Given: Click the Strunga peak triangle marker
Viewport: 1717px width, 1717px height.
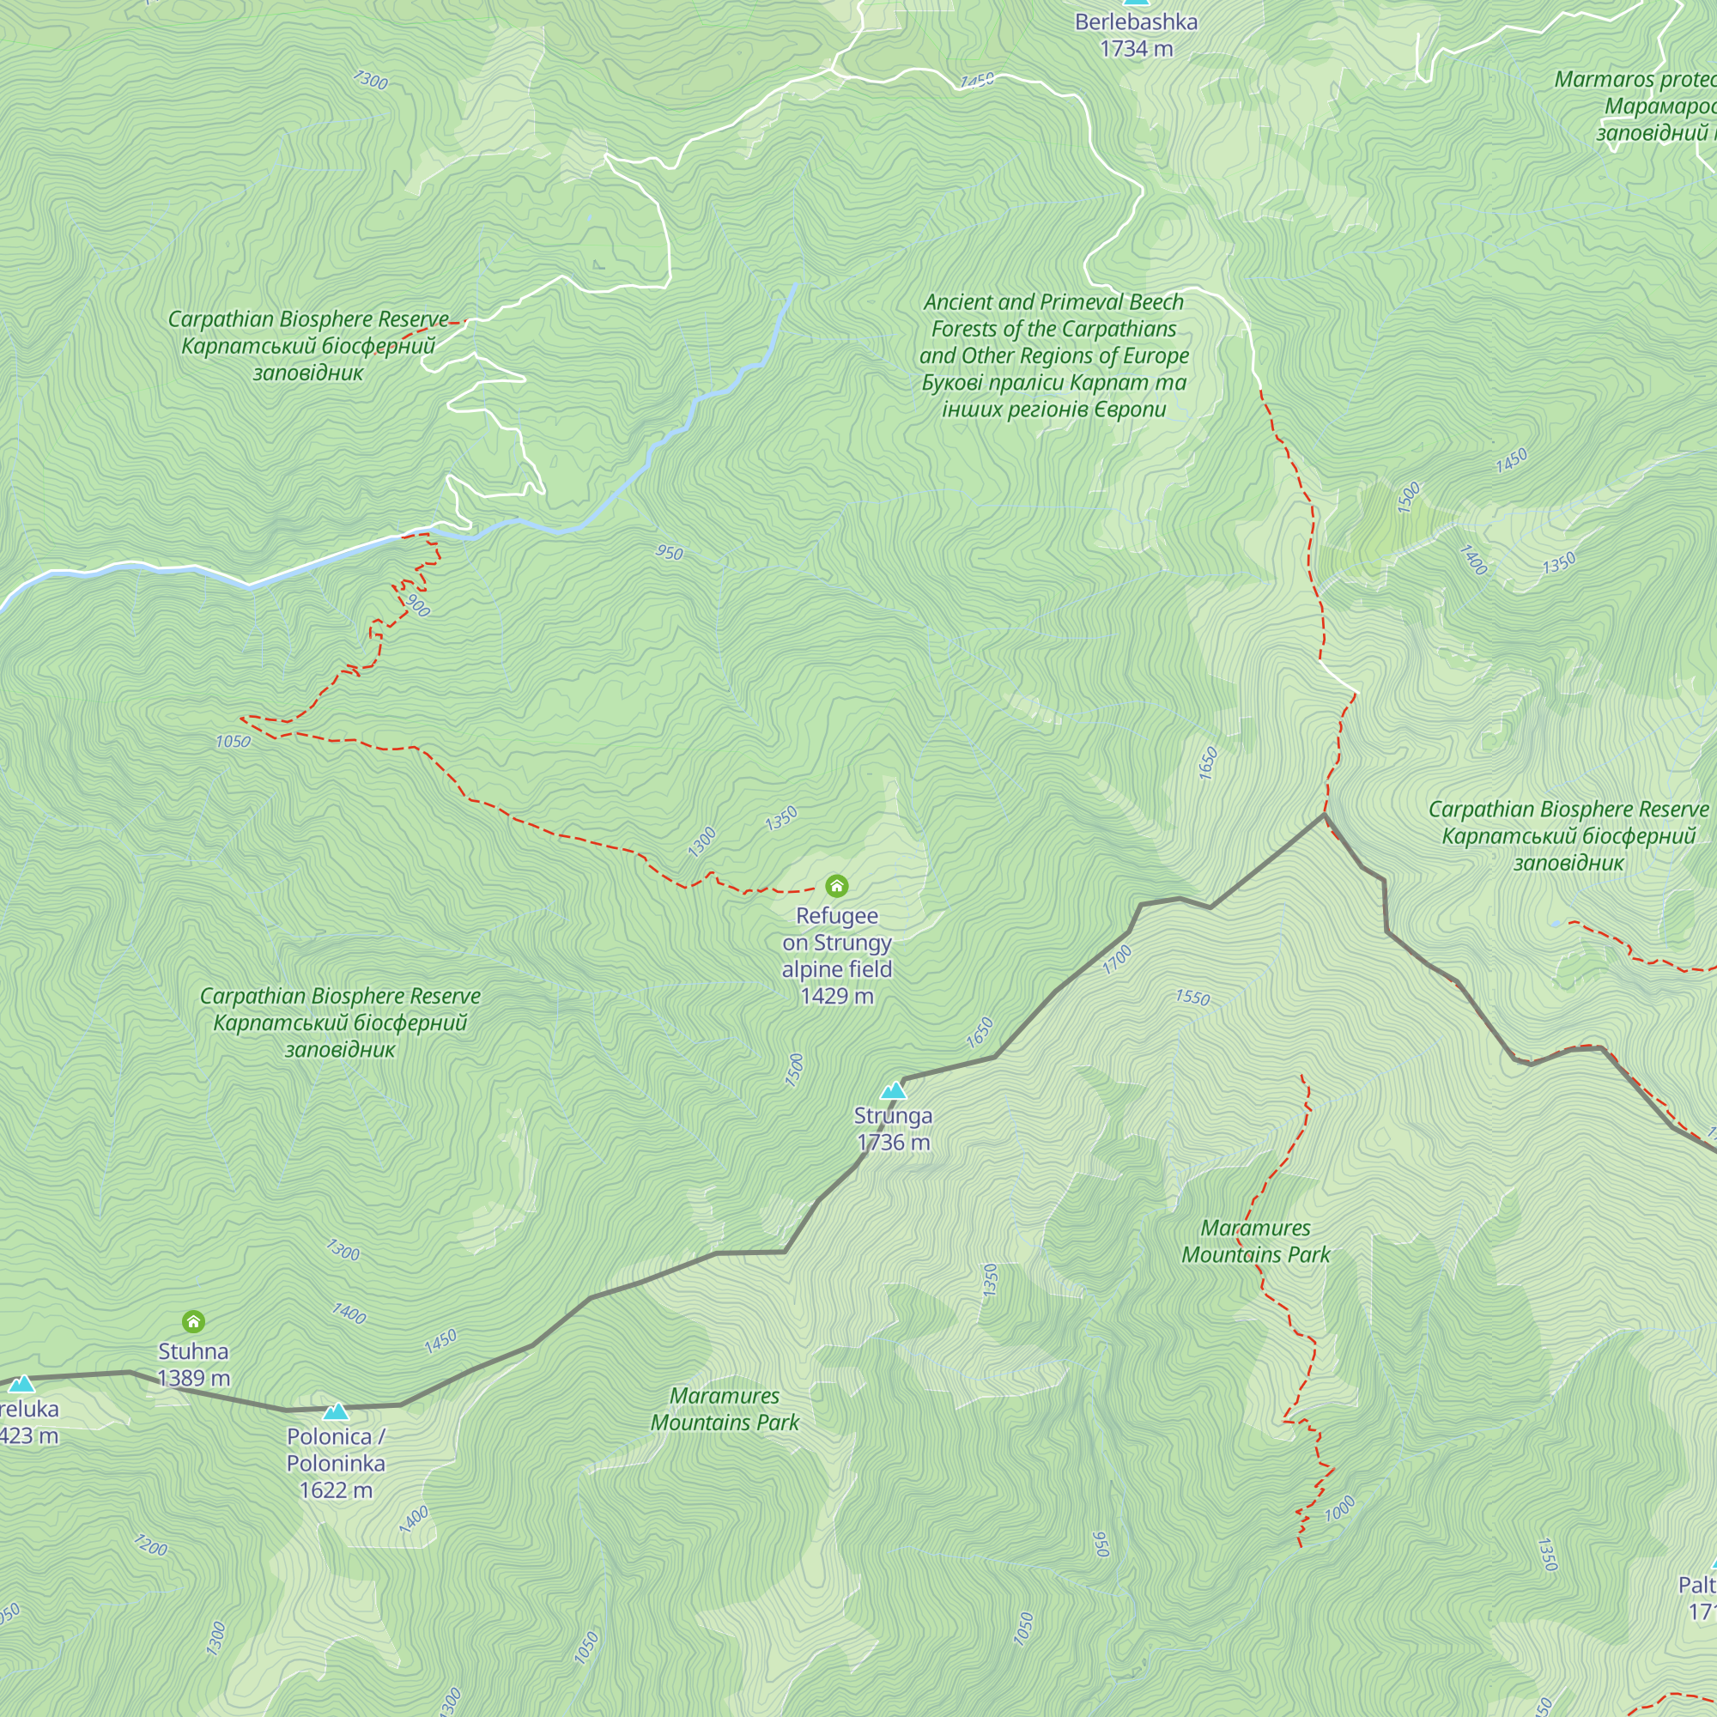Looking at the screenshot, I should (893, 1090).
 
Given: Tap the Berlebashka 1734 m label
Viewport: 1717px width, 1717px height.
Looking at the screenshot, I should (1136, 35).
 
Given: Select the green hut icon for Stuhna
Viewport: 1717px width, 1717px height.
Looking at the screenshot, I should (193, 1321).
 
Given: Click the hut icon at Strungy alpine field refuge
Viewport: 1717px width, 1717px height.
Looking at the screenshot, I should (836, 885).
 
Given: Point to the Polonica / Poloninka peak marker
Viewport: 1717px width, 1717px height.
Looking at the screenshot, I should (335, 1411).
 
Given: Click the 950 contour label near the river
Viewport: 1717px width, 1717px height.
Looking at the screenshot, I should (670, 553).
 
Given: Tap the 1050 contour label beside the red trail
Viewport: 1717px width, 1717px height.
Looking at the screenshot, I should (233, 741).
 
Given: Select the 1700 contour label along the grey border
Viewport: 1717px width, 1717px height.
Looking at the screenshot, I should (1117, 959).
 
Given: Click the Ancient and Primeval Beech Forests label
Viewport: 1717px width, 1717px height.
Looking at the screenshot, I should (1054, 355).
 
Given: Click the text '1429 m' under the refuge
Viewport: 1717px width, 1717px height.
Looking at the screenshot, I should (836, 996).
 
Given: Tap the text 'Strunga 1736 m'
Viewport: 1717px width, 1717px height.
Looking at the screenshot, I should (893, 1129).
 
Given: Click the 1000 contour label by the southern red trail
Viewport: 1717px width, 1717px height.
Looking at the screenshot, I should (1339, 1508).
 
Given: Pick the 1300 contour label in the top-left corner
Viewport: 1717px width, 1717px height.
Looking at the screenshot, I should (370, 81).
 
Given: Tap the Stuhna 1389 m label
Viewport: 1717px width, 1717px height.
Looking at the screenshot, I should (193, 1364).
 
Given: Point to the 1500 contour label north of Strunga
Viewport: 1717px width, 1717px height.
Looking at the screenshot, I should (794, 1070).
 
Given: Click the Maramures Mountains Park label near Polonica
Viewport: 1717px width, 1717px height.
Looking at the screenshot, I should (725, 1409).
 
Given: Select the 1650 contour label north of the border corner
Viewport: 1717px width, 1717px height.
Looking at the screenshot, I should (1208, 763).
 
